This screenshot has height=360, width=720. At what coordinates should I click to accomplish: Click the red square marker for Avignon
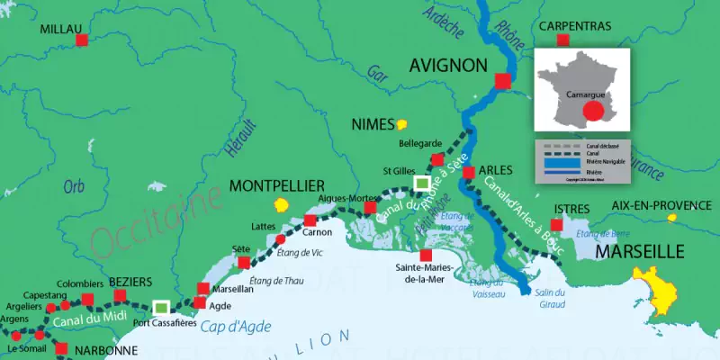click(502, 82)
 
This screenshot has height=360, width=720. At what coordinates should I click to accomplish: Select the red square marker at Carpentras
click(562, 40)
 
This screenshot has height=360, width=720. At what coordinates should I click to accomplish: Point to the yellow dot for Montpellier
click(282, 204)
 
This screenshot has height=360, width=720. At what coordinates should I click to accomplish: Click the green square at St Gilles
click(421, 184)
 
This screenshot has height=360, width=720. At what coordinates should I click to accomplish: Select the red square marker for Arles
click(468, 171)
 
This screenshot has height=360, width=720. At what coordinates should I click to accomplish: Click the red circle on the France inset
click(592, 111)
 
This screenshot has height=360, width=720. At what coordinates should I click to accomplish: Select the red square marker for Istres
click(556, 224)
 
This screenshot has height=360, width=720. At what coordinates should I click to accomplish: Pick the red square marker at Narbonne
click(62, 349)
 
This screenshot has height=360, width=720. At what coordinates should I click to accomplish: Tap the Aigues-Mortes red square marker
click(370, 208)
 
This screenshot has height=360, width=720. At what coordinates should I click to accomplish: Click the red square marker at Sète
click(244, 263)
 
